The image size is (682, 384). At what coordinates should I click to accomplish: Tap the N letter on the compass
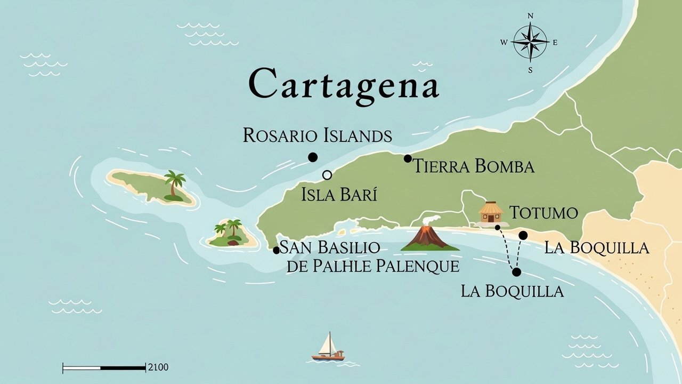click(x=530, y=16)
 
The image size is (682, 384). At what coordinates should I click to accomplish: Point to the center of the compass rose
click(x=530, y=42)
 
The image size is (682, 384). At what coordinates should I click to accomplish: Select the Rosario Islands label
click(x=318, y=135)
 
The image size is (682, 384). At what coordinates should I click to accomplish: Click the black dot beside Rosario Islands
click(x=313, y=157)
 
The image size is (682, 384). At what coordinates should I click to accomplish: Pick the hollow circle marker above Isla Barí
click(x=327, y=175)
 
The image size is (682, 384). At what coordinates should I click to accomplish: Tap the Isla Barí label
click(x=339, y=195)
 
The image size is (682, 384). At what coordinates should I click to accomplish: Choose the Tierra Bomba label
click(x=474, y=166)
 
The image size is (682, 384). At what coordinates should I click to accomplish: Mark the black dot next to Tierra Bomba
click(x=408, y=158)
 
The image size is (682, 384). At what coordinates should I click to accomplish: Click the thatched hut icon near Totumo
click(x=491, y=212)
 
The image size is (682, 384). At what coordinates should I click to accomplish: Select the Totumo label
click(x=543, y=213)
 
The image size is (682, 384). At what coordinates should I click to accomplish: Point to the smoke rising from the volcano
click(x=432, y=221)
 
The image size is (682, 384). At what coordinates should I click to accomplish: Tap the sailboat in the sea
click(x=328, y=348)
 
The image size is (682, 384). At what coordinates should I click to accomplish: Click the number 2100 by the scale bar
click(x=158, y=367)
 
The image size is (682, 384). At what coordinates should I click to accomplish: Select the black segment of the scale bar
click(x=123, y=367)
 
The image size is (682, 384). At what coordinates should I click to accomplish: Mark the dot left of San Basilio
click(x=276, y=250)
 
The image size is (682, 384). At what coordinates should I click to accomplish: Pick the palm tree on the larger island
click(x=174, y=185)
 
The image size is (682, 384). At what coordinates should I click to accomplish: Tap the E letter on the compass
click(x=555, y=43)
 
